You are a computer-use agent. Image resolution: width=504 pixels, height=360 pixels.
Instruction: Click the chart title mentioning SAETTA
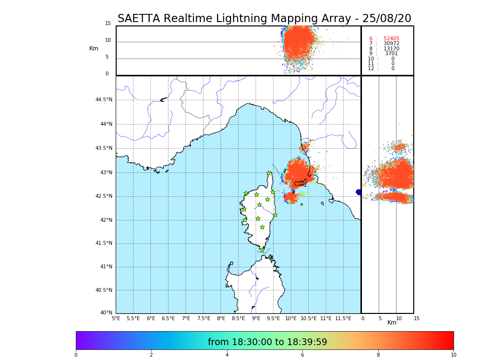[x=264, y=19]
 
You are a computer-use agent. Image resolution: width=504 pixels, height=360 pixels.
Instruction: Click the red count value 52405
[x=391, y=38]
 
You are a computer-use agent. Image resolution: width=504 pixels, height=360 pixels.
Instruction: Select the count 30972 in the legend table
[x=391, y=44]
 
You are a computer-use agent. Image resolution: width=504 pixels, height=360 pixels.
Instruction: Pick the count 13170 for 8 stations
[x=391, y=48]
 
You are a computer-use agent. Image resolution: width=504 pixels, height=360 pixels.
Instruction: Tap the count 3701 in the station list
[x=391, y=54]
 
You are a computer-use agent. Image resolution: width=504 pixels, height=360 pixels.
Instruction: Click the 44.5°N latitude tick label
[x=104, y=100]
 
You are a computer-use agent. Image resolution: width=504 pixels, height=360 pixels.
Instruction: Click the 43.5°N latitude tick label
[x=104, y=148]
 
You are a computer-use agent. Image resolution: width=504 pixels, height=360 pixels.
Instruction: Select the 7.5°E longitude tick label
[x=204, y=318]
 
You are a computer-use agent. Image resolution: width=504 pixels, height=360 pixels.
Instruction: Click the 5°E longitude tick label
[x=116, y=318]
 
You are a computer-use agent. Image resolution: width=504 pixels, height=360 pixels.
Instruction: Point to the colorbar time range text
[x=267, y=342]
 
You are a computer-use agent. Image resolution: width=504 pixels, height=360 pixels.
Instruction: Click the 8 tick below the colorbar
[x=378, y=355]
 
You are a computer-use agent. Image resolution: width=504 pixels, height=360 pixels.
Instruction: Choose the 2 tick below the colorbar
[x=151, y=355]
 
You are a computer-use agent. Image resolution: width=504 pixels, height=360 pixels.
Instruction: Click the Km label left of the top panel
[x=94, y=48]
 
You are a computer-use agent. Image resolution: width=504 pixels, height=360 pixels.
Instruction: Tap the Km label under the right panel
[x=392, y=323]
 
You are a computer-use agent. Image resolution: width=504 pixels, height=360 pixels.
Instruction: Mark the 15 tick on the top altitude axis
[x=108, y=24]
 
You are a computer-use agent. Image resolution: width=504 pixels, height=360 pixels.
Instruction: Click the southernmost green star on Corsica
[x=262, y=250]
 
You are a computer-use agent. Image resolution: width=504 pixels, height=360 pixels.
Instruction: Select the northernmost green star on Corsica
[x=269, y=173]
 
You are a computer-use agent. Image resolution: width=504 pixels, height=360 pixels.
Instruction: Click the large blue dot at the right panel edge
[x=359, y=192]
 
